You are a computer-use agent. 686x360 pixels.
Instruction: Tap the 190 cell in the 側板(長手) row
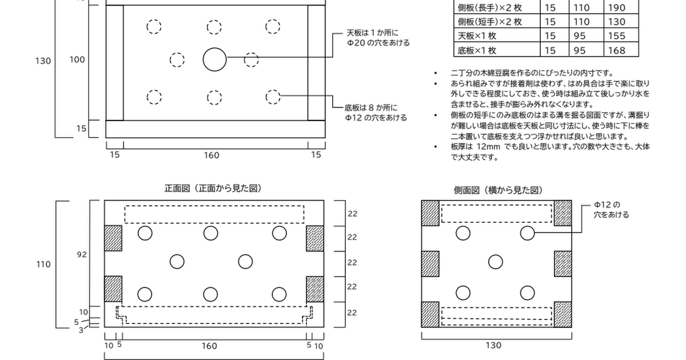616,7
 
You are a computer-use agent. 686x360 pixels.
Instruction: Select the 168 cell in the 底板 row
616,50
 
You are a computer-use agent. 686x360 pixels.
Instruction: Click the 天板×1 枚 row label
477,36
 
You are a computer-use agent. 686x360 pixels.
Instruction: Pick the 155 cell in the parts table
616,36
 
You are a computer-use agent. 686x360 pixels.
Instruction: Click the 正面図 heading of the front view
177,188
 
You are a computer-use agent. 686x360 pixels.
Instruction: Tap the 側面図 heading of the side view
466,190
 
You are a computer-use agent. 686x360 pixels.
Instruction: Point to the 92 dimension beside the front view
82,254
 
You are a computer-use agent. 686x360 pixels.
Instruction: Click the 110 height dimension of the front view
43,264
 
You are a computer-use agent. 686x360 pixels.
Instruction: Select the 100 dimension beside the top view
77,59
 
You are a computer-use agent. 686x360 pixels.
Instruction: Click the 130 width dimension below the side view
493,345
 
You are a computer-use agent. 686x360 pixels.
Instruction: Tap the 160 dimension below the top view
212,155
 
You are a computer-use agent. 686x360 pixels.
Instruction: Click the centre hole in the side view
496,262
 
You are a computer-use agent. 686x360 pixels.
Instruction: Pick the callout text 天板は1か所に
373,33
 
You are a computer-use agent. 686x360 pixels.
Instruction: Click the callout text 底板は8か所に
371,107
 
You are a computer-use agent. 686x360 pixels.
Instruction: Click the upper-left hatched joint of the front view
113,238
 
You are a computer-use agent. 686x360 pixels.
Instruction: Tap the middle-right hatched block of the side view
563,264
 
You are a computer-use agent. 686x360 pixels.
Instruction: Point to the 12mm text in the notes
488,147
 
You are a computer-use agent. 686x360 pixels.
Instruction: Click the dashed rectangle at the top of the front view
214,206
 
